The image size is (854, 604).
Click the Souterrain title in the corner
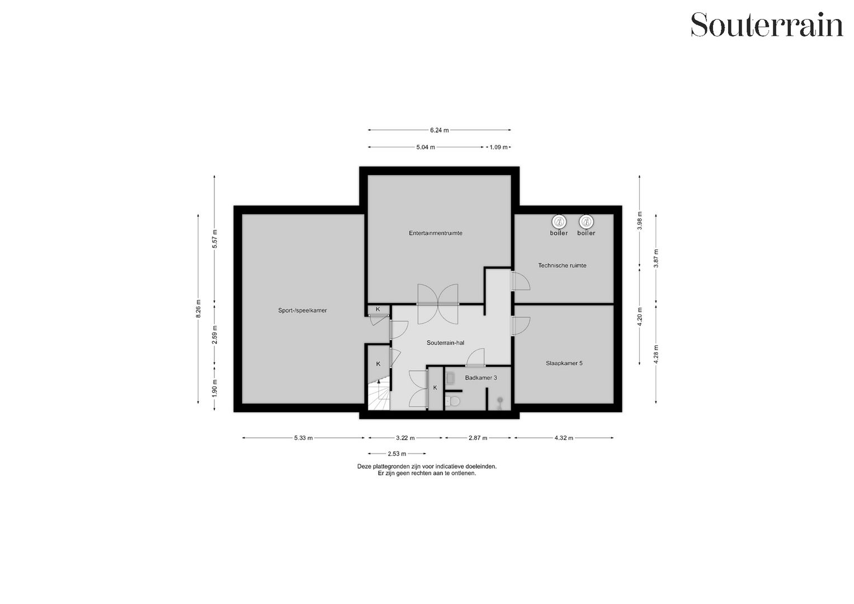coord(767,25)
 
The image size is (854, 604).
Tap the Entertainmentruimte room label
coord(435,233)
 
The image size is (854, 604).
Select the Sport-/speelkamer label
coord(302,310)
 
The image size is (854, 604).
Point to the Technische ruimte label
coord(562,266)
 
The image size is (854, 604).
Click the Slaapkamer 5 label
coord(564,364)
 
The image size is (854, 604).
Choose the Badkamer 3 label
coord(480,378)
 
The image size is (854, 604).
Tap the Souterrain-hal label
coord(445,343)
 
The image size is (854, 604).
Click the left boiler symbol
coord(559,221)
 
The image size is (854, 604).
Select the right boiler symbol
coord(586,221)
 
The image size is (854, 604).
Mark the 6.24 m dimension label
coord(439,130)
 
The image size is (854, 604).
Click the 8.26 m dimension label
coord(198,309)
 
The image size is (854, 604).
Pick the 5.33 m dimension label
coord(303,438)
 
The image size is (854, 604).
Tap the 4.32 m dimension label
coord(564,438)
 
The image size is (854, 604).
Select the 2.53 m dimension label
coord(397,454)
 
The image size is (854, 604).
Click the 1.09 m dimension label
coord(498,148)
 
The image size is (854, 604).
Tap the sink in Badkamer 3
coord(451,377)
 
